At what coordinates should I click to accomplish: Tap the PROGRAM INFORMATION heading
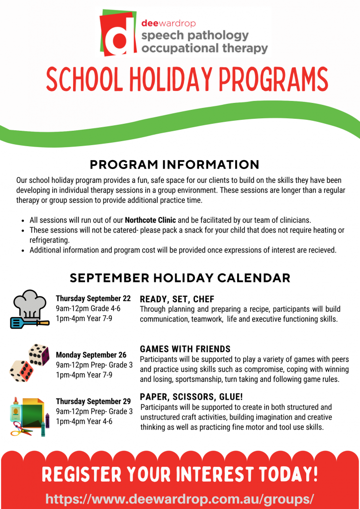coord(175,165)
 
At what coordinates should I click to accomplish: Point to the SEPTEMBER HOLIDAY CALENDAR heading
coord(180,277)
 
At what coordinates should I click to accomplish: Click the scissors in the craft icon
coord(23,428)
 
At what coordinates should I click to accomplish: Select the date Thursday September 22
coord(93,299)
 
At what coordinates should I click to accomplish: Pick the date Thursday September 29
coord(93,401)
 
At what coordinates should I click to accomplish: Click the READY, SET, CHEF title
coord(177,299)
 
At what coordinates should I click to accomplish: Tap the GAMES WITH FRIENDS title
coord(185,349)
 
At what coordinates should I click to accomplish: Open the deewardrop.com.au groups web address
coord(180,499)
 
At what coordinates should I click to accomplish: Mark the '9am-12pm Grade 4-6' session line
coord(88,309)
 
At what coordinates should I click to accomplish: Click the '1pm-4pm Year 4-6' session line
coord(84,422)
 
